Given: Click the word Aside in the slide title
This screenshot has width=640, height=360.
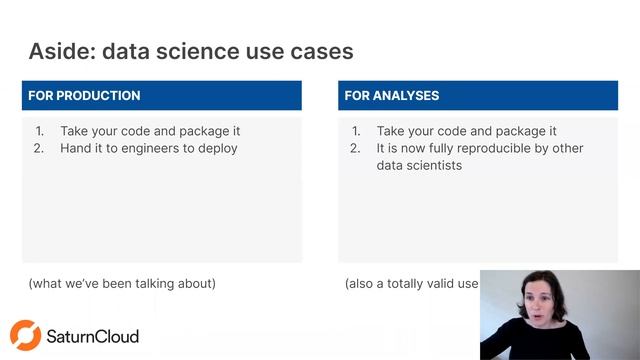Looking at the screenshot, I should [61, 50].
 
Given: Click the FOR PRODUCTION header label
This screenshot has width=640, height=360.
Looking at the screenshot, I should [84, 96].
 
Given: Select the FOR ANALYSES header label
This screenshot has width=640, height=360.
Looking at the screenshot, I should [391, 96].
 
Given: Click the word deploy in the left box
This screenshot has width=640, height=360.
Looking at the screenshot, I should [216, 148].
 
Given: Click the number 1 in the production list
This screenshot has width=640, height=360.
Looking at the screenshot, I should [39, 131].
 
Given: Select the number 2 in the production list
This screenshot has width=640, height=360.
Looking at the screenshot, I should [39, 148].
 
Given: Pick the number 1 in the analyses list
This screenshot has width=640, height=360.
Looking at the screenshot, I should [355, 131].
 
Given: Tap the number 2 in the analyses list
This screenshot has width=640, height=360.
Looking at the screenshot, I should [355, 148].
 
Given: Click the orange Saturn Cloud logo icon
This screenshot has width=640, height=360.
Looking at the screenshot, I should [25, 335].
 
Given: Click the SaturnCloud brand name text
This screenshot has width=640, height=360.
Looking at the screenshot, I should [93, 336].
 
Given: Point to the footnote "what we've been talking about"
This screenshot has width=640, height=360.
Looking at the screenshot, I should [122, 283].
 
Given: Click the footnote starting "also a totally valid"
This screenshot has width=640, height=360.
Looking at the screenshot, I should [411, 283].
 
